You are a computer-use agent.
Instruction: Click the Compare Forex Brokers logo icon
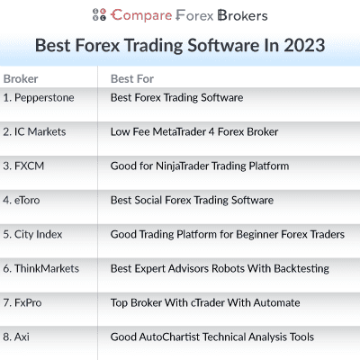click(x=100, y=15)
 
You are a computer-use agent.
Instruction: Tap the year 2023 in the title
click(x=301, y=45)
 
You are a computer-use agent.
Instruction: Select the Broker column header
click(x=21, y=78)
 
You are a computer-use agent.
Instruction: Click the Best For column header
click(x=131, y=78)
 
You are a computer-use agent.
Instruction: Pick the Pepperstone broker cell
click(x=39, y=97)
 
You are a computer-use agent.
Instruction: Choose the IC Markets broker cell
click(x=35, y=131)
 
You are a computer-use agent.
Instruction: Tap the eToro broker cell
click(x=21, y=200)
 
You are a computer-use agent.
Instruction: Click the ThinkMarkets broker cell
click(x=41, y=268)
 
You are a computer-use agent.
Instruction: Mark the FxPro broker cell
click(x=22, y=302)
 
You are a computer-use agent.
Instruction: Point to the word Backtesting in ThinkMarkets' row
click(x=299, y=268)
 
